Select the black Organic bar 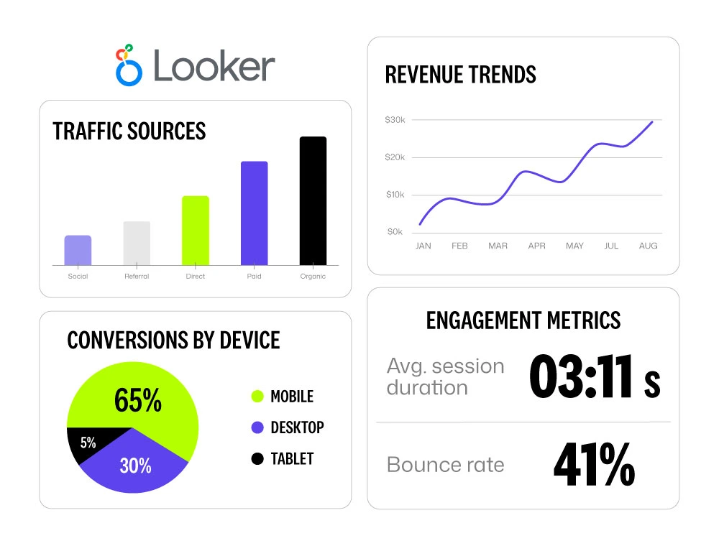(x=313, y=201)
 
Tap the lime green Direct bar (x=196, y=231)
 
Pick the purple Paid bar (x=254, y=213)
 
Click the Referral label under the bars (x=137, y=276)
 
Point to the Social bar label (x=78, y=276)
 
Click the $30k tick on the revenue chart (x=395, y=120)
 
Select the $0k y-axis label (x=395, y=232)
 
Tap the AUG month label (x=648, y=246)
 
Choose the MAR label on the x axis (x=498, y=246)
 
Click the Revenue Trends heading (x=460, y=75)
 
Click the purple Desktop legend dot (x=257, y=427)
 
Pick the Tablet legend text (x=292, y=458)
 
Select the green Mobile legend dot (x=257, y=397)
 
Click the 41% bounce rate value (x=594, y=465)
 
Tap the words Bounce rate (x=445, y=465)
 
